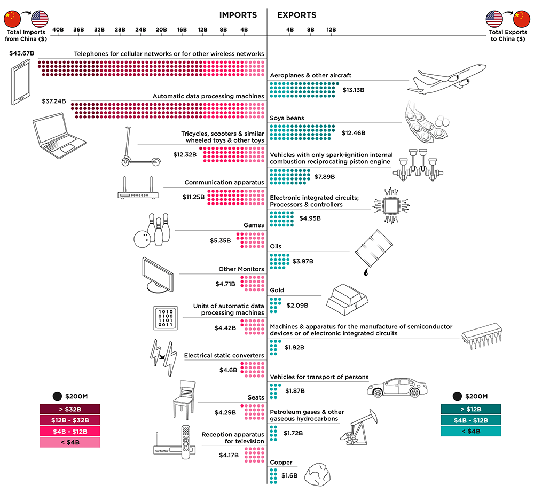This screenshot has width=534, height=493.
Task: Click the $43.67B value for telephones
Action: click(x=22, y=53)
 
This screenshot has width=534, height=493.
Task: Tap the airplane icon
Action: click(x=447, y=79)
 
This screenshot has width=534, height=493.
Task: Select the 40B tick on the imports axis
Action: click(x=58, y=29)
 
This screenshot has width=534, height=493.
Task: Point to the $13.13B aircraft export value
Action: click(x=353, y=90)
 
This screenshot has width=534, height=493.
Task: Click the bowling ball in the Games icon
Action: click(x=142, y=239)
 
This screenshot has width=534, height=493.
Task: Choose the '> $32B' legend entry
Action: click(x=70, y=409)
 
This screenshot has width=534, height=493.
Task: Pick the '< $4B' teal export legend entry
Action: click(x=470, y=432)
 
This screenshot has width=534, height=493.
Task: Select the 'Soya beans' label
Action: click(x=287, y=118)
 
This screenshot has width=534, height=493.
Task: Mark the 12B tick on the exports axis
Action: click(x=331, y=29)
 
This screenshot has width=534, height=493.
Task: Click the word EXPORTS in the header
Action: click(x=296, y=15)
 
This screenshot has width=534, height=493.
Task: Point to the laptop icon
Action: click(x=60, y=136)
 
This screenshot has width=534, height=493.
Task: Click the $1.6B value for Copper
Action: click(x=289, y=475)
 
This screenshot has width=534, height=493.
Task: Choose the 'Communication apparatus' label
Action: click(x=224, y=182)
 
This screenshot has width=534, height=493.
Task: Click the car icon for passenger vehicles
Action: click(x=397, y=387)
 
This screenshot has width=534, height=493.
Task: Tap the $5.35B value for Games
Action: click(x=220, y=240)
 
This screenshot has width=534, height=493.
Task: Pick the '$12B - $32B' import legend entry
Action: click(x=70, y=420)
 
